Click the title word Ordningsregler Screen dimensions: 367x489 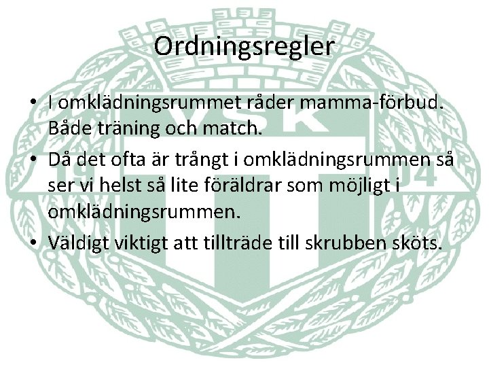pos(244,46)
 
